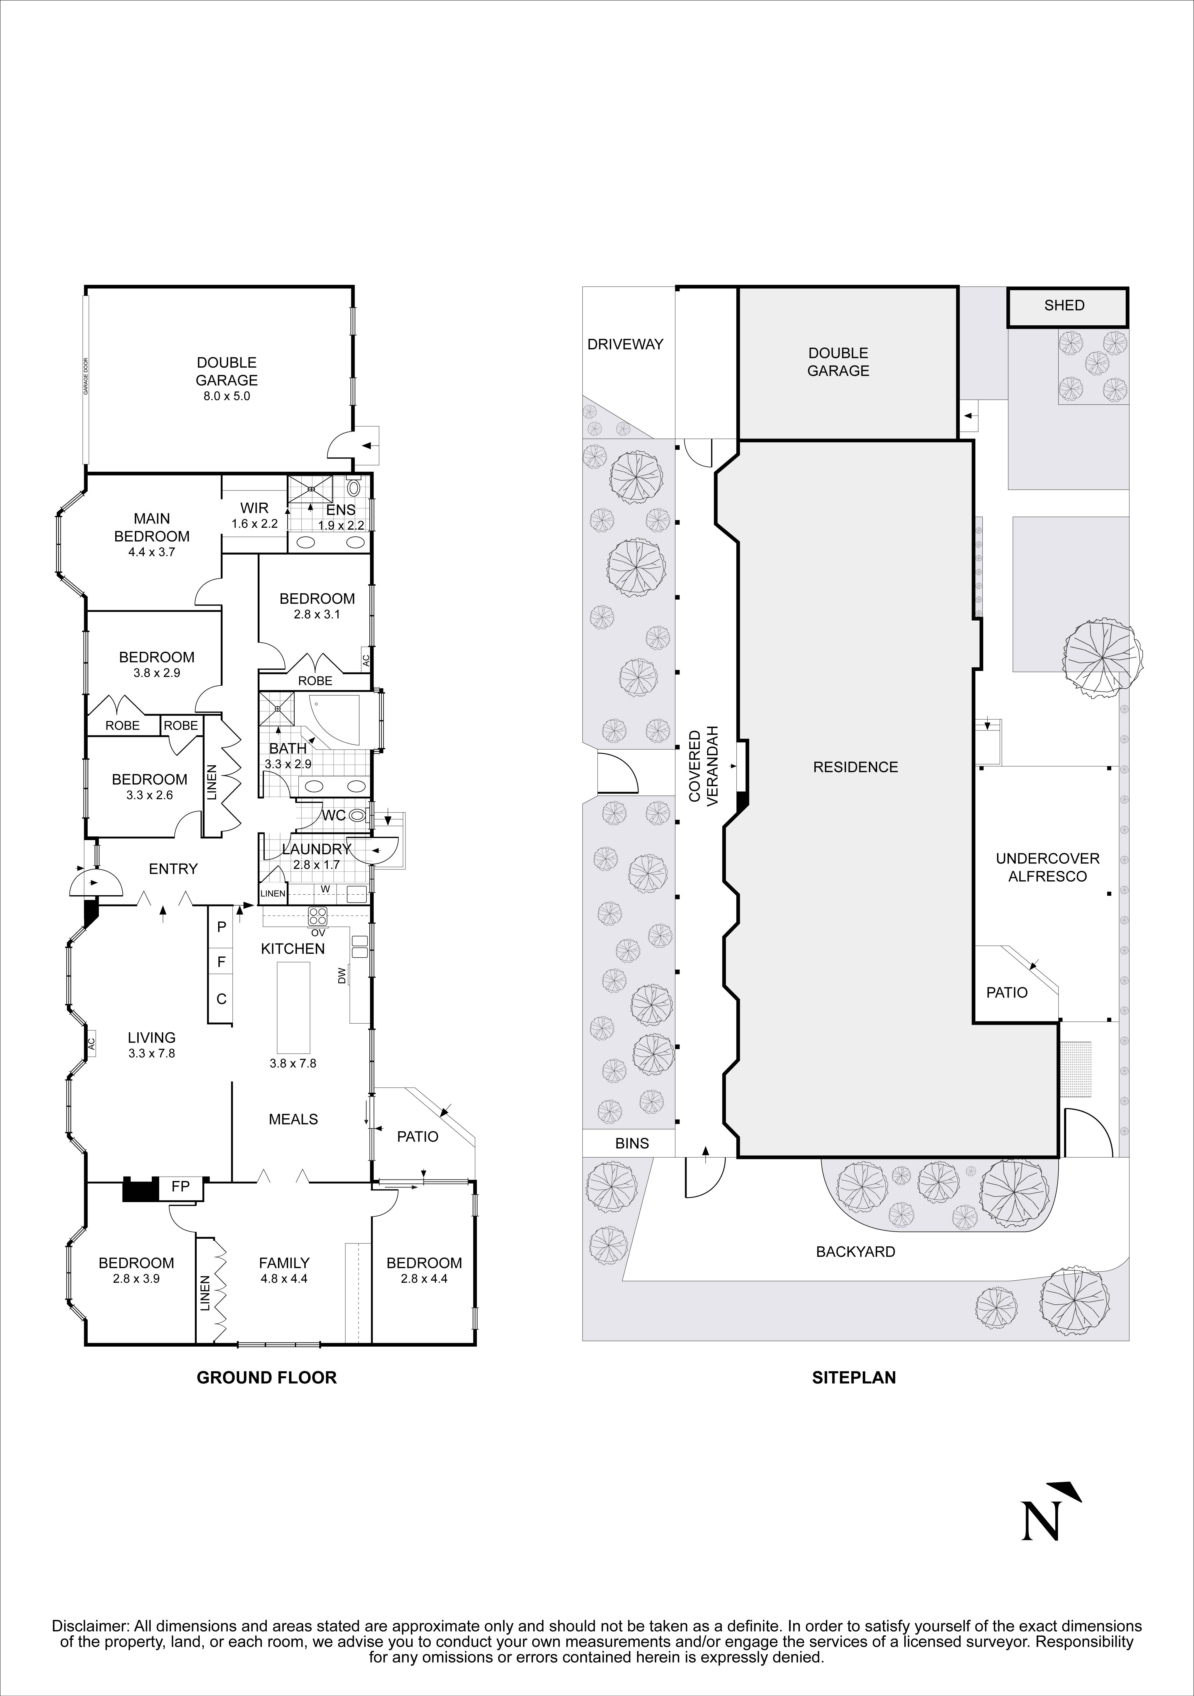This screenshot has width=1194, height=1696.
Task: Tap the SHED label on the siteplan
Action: pyautogui.click(x=1064, y=305)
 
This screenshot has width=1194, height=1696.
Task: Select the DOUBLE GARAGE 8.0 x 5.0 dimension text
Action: pyautogui.click(x=227, y=396)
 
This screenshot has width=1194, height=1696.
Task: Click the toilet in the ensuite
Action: pyautogui.click(x=354, y=487)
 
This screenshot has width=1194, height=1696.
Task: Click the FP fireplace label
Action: pyautogui.click(x=180, y=1186)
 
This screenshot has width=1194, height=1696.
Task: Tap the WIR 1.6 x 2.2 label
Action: pyautogui.click(x=254, y=516)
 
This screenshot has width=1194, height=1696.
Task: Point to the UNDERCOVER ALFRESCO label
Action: pyautogui.click(x=1047, y=867)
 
